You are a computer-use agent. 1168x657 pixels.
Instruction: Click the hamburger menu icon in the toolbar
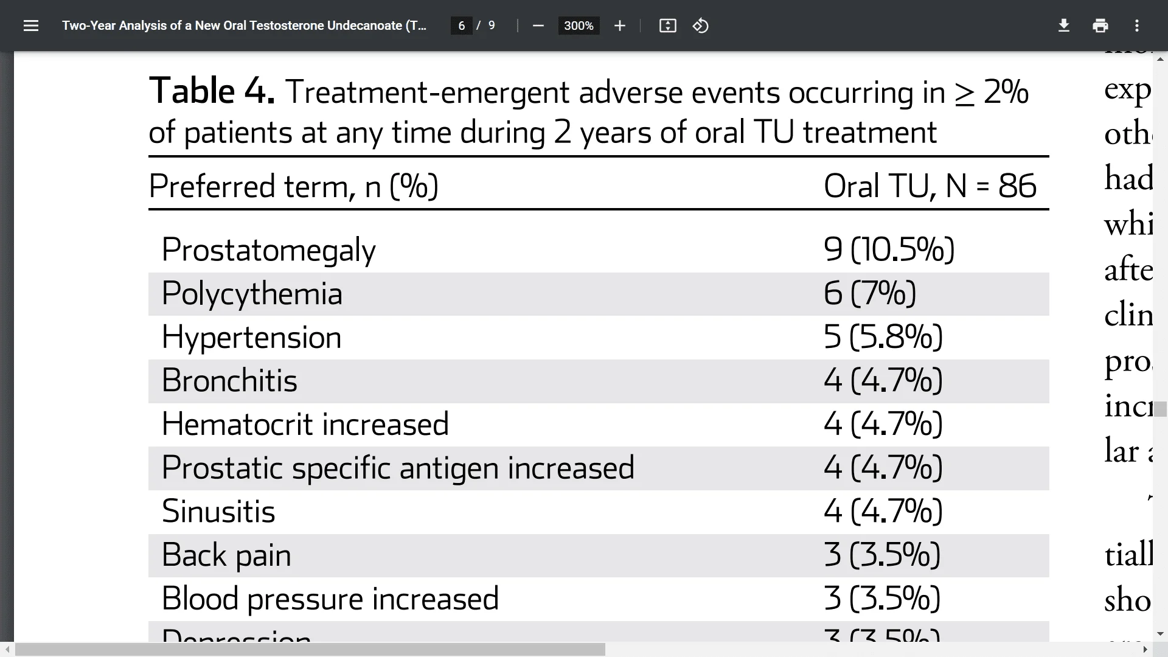coord(30,26)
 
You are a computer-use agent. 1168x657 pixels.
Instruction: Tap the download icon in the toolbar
coord(1064,26)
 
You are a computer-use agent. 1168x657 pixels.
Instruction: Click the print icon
coord(1100,26)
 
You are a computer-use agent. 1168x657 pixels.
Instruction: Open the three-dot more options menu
coord(1137,26)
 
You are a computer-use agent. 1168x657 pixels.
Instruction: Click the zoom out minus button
coord(538,26)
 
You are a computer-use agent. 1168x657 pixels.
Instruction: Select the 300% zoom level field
coord(579,26)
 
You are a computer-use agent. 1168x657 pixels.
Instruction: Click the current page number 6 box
coord(462,26)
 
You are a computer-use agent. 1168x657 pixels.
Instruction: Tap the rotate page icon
coord(701,26)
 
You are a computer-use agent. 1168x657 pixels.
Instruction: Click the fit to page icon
coord(667,26)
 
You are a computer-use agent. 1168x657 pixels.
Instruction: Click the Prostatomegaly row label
coord(268,250)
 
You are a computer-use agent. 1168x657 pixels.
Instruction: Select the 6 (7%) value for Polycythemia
coord(870,293)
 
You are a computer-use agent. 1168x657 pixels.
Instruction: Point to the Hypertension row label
coord(251,337)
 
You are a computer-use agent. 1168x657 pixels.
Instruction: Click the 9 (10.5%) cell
coord(889,249)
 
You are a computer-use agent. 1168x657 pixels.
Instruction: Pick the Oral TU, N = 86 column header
coord(930,186)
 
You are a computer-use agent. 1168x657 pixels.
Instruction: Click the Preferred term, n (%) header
coord(293,186)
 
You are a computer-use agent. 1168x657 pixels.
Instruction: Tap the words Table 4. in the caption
coord(212,91)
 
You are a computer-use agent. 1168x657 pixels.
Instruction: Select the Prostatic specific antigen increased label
coord(398,468)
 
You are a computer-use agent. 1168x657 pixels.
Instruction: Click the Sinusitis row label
coord(218,511)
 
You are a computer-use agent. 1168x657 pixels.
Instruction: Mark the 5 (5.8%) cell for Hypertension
coord(883,337)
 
